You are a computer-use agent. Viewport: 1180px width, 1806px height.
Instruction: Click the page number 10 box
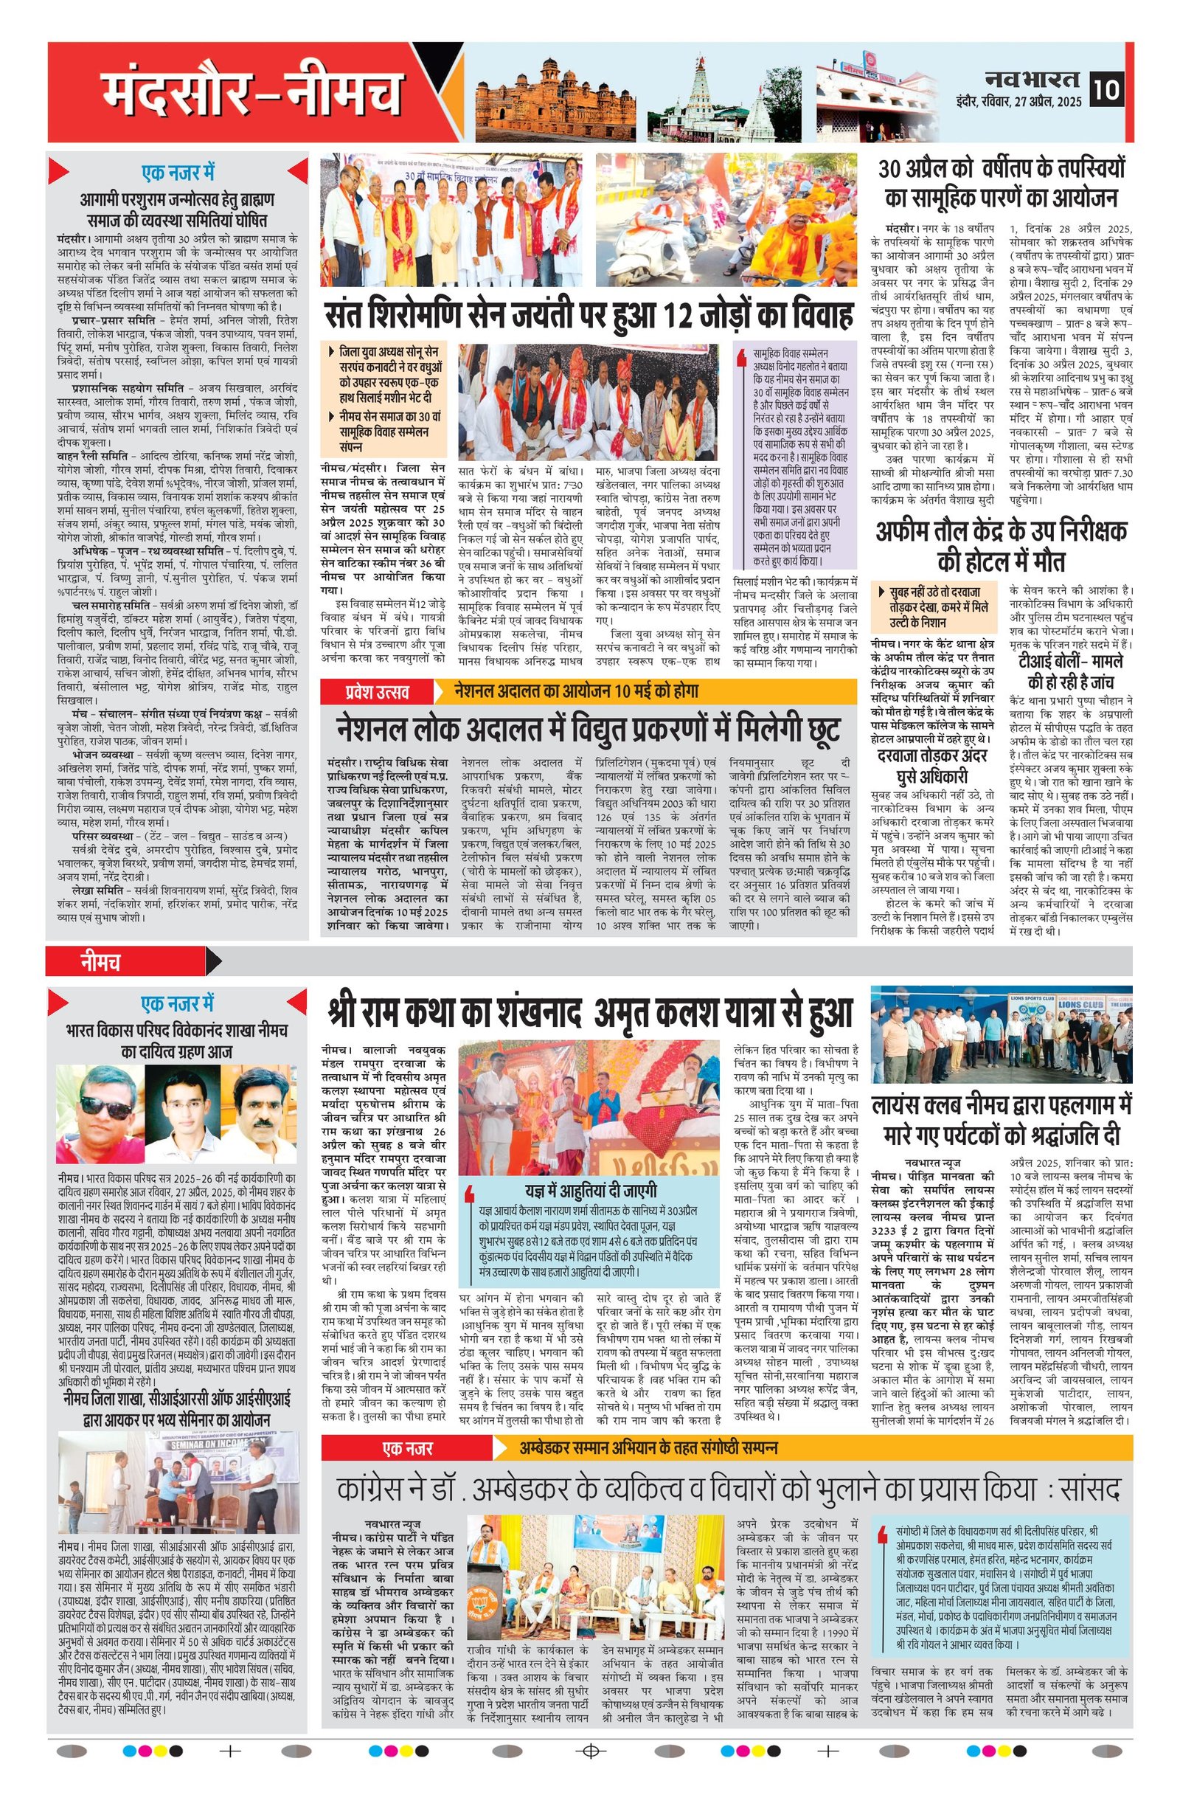pyautogui.click(x=1106, y=89)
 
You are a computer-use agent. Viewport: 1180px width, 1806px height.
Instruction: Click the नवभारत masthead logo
pyautogui.click(x=1033, y=78)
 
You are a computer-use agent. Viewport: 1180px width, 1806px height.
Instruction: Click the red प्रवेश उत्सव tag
pyautogui.click(x=377, y=691)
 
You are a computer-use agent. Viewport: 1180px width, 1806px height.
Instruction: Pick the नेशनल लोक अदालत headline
pyautogui.click(x=589, y=730)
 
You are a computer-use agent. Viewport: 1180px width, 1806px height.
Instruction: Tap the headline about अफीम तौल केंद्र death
pyautogui.click(x=1001, y=547)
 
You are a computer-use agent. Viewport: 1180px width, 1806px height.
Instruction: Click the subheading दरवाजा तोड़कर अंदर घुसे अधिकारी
pyautogui.click(x=932, y=766)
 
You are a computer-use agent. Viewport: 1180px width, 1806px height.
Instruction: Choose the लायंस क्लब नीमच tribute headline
pyautogui.click(x=1001, y=1119)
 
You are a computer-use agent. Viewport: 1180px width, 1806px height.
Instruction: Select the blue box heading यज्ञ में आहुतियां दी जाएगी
pyautogui.click(x=591, y=1189)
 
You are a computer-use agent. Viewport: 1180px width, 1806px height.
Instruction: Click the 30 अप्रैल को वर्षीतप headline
pyautogui.click(x=1001, y=183)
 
